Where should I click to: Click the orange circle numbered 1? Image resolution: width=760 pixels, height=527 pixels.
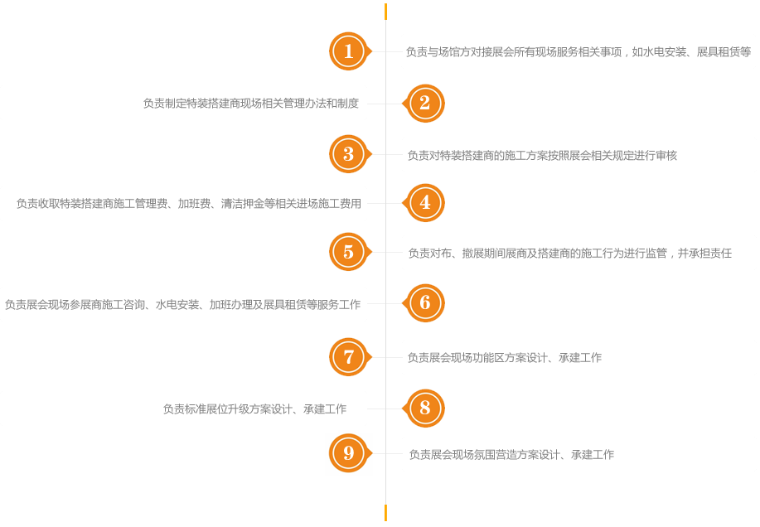pos(349,51)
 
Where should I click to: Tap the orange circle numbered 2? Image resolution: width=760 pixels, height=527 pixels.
pos(425,104)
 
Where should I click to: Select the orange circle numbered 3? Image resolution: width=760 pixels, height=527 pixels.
pos(349,154)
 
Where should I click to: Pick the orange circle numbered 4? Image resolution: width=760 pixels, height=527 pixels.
pos(425,203)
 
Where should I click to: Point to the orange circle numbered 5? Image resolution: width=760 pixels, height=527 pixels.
pos(349,252)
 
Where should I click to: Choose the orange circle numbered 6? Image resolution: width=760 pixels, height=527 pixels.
pos(425,303)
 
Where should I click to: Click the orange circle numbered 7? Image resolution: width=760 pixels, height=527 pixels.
pos(349,357)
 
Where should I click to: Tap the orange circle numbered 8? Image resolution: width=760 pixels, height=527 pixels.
pos(425,409)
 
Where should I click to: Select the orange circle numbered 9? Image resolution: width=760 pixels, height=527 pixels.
pos(349,453)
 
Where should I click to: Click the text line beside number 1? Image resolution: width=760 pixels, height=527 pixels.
pos(578,52)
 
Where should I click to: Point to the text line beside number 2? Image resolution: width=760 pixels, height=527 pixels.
pos(251,104)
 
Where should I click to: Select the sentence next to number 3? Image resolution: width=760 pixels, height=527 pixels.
pos(542,156)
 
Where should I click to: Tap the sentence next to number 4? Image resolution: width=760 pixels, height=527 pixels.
pos(189,204)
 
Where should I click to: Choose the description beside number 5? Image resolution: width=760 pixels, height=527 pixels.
pos(569,254)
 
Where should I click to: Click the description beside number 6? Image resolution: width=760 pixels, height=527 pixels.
pos(182,305)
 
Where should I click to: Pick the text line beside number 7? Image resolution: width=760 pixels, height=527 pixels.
pos(504,358)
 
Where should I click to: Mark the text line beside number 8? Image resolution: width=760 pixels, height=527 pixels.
pos(254,409)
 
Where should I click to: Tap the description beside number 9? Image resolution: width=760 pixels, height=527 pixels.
pos(511,455)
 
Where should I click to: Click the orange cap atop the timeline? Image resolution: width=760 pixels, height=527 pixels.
pos(385,12)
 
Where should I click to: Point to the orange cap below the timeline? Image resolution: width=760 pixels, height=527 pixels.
pos(385,513)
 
